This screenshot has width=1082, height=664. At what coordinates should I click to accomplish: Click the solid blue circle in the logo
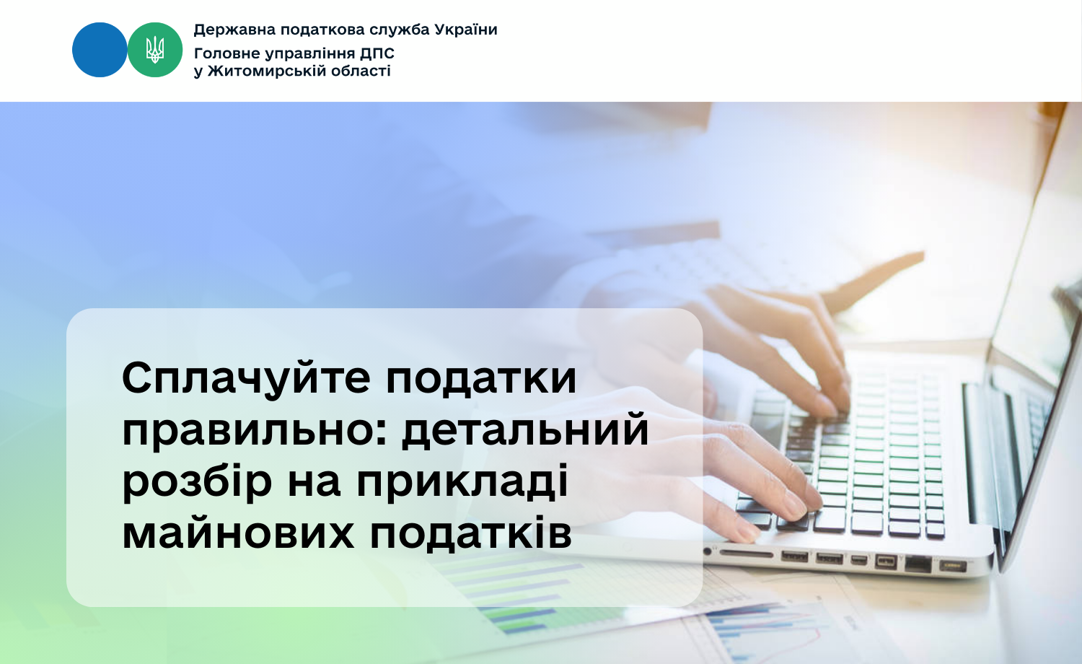[x=100, y=50]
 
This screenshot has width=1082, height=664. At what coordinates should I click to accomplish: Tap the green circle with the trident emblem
[x=155, y=50]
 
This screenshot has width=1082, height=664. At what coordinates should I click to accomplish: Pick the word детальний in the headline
[x=525, y=430]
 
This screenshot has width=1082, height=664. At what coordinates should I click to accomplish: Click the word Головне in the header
[x=224, y=53]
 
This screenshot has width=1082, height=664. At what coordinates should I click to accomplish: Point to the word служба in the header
[x=400, y=30]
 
